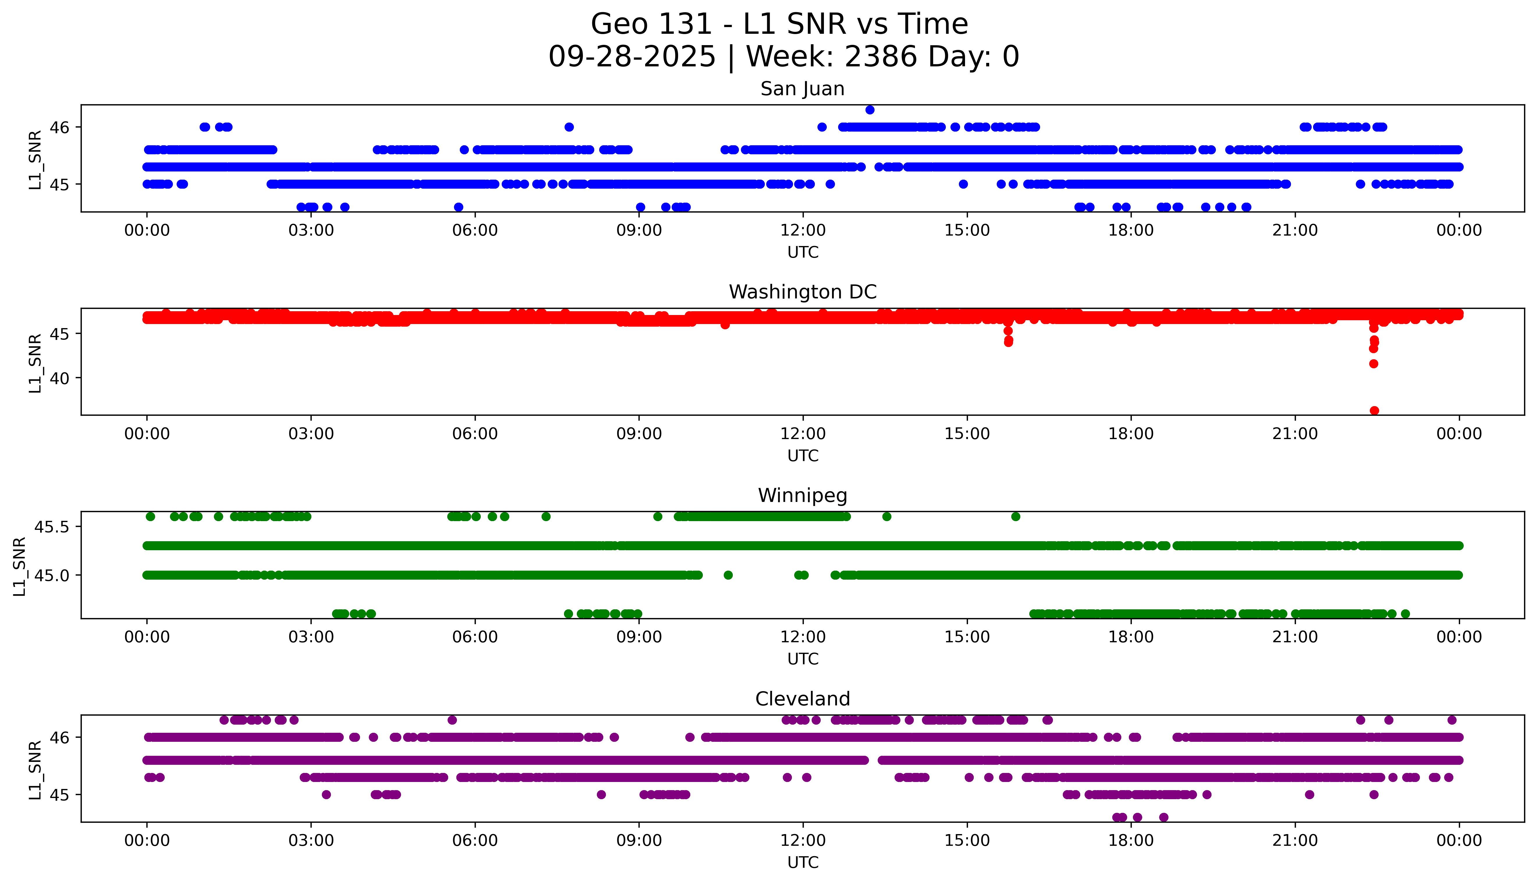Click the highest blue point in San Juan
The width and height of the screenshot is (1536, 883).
pos(870,110)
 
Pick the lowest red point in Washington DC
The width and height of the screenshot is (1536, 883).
pos(1374,410)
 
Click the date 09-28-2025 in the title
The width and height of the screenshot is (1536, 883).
pos(632,57)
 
